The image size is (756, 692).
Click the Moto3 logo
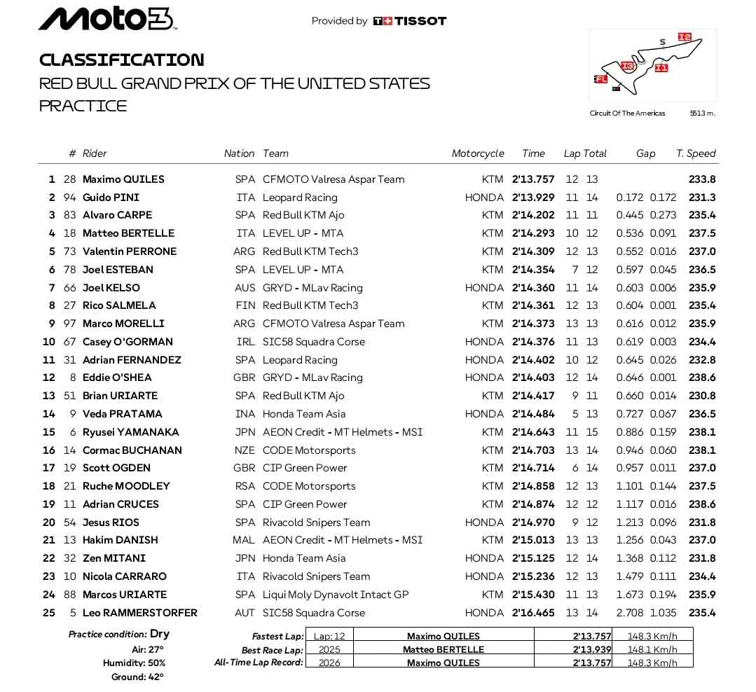click(x=106, y=19)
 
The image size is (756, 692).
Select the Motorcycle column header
click(x=478, y=153)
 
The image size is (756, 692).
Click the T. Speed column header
click(x=696, y=153)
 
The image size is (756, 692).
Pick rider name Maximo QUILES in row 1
click(x=123, y=179)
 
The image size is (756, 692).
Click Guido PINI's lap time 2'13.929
click(x=532, y=198)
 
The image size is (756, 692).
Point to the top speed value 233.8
click(x=702, y=179)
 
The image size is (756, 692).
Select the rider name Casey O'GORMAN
click(x=128, y=342)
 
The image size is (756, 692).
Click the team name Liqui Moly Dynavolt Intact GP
click(x=336, y=595)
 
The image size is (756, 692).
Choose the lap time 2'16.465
click(x=532, y=613)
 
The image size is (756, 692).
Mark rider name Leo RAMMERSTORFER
click(x=140, y=613)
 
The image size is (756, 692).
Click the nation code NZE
click(x=245, y=450)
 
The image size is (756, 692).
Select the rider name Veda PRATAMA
click(x=123, y=414)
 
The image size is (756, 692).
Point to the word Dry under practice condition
click(x=160, y=634)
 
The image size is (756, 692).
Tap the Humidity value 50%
click(x=157, y=663)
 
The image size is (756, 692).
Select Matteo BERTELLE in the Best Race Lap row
click(x=444, y=649)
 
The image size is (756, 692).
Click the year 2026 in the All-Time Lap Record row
click(x=329, y=663)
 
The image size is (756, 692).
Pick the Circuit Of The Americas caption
click(x=627, y=113)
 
